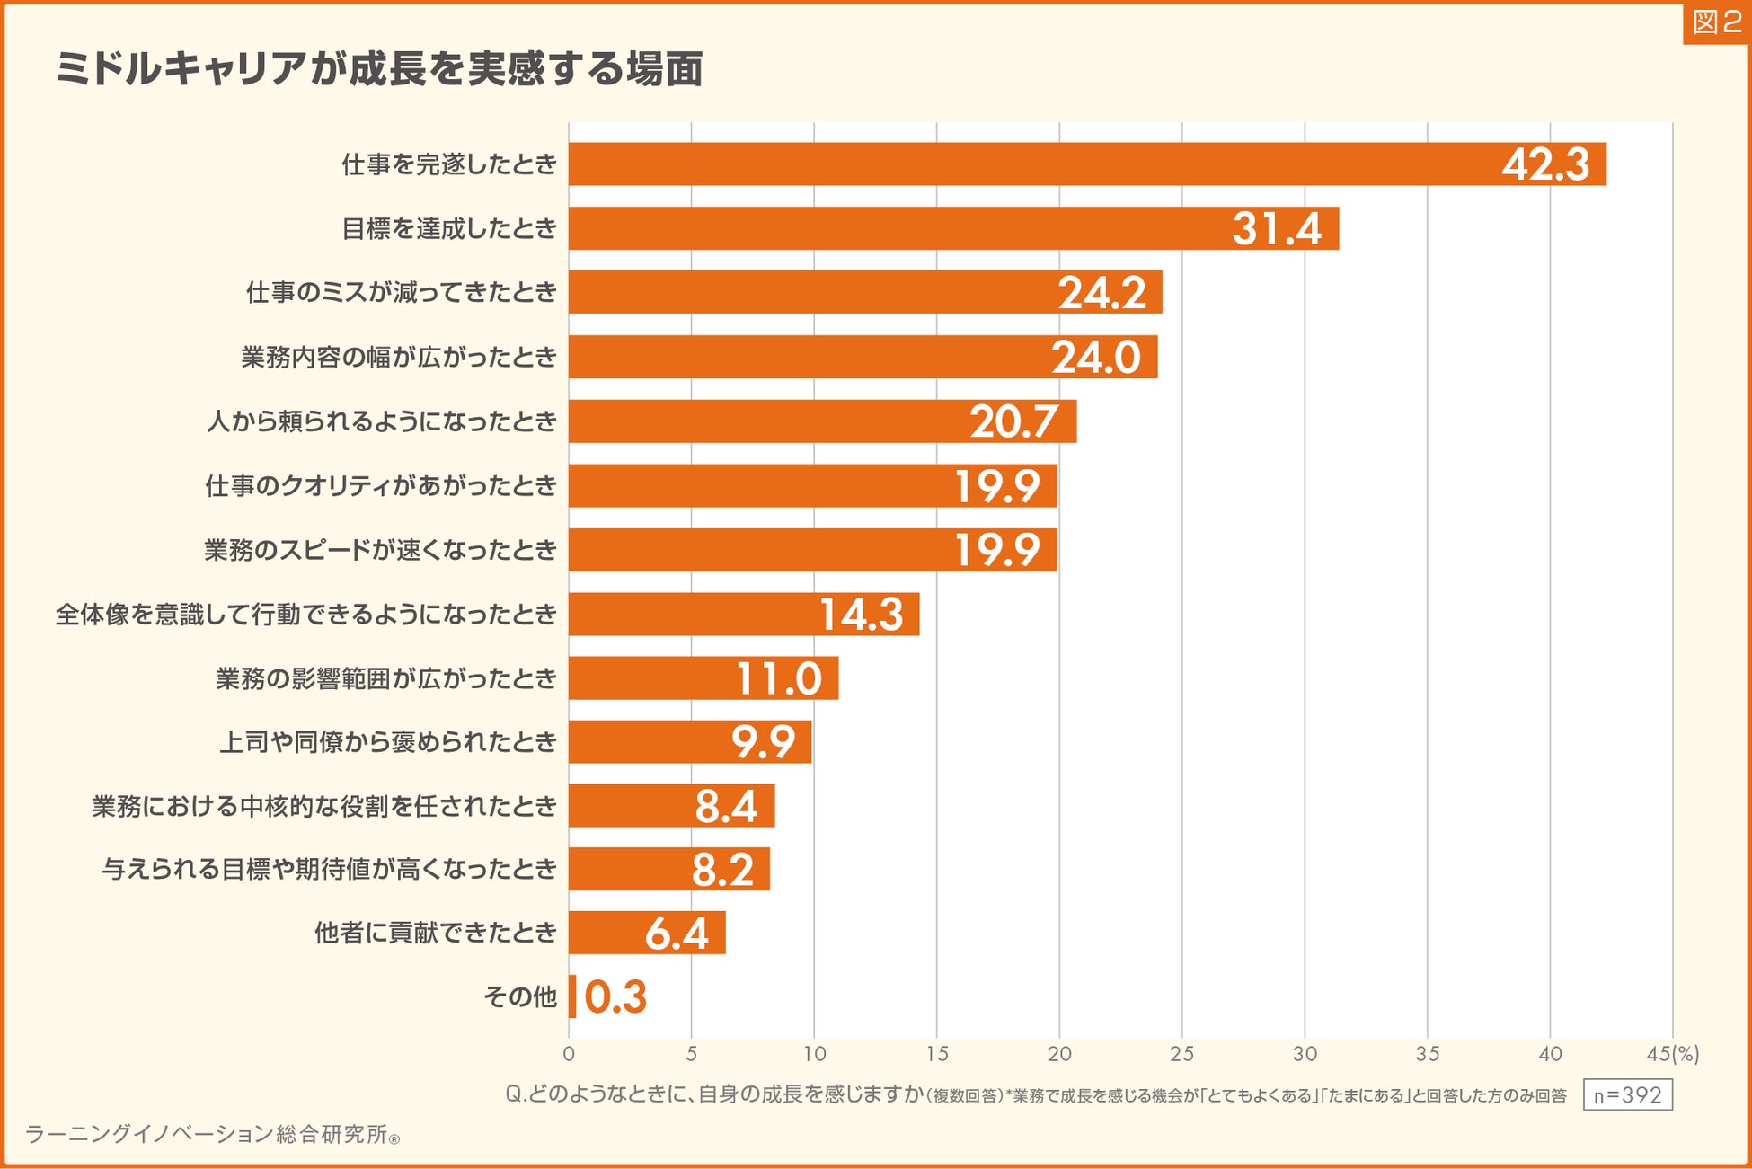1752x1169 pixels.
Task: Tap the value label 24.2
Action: [1102, 293]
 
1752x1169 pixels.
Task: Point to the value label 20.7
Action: [1013, 421]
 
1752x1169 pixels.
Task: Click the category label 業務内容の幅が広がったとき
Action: [399, 358]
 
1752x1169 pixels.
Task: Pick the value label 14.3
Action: [861, 615]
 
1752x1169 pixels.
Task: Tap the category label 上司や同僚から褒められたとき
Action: [388, 742]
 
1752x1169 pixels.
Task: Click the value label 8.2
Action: [722, 870]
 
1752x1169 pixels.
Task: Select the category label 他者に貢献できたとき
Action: [436, 934]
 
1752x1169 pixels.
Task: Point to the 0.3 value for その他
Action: [615, 997]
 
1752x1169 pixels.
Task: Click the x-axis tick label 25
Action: [1181, 1054]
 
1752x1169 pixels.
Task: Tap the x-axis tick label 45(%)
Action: [1672, 1054]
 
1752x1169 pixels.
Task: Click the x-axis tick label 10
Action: [814, 1054]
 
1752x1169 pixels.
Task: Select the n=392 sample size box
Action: [1627, 1095]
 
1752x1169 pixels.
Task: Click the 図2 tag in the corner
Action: [1716, 22]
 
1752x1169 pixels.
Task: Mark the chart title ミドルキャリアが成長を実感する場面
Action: [379, 69]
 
